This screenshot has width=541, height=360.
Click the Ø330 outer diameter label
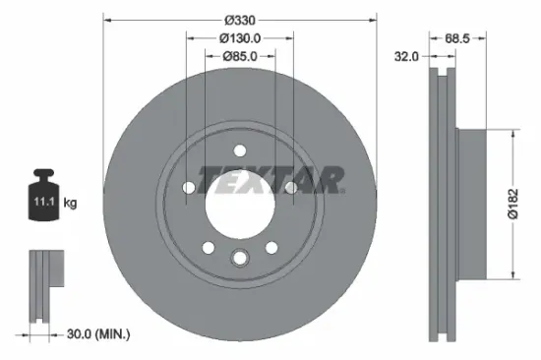pyautogui.click(x=240, y=21)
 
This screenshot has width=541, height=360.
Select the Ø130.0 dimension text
pyautogui.click(x=240, y=38)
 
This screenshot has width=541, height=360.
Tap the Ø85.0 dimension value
pyautogui.click(x=240, y=56)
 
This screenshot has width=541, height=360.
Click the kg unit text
pyautogui.click(x=70, y=203)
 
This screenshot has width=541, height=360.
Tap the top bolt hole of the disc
pyautogui.click(x=240, y=150)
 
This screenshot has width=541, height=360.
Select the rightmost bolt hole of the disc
pyautogui.click(x=291, y=187)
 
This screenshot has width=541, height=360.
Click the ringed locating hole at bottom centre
pyautogui.click(x=240, y=258)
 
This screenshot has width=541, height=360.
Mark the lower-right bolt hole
pyautogui.click(x=271, y=247)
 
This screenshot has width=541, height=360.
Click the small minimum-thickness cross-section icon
pyautogui.click(x=42, y=285)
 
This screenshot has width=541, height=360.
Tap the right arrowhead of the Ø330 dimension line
pyautogui.click(x=373, y=21)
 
